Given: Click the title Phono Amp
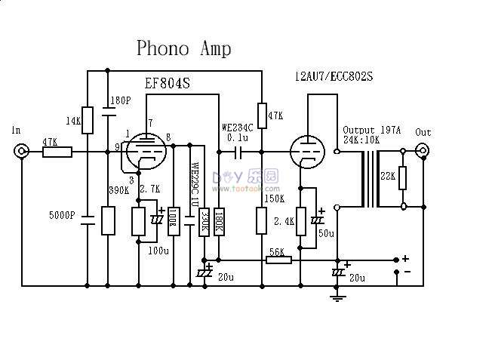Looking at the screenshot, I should pos(183,48).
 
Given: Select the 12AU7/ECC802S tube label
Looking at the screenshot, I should pos(335,77).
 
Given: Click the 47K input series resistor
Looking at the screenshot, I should pos(57,152).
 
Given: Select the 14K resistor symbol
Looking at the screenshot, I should pos(88,118).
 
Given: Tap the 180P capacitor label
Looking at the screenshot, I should pos(121,100).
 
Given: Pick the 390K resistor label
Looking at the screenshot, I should pos(119,189).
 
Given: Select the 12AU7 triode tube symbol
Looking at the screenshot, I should pos(308,150).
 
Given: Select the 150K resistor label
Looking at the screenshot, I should pos(274,198).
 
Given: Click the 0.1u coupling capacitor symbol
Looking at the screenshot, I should pos(238,152).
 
